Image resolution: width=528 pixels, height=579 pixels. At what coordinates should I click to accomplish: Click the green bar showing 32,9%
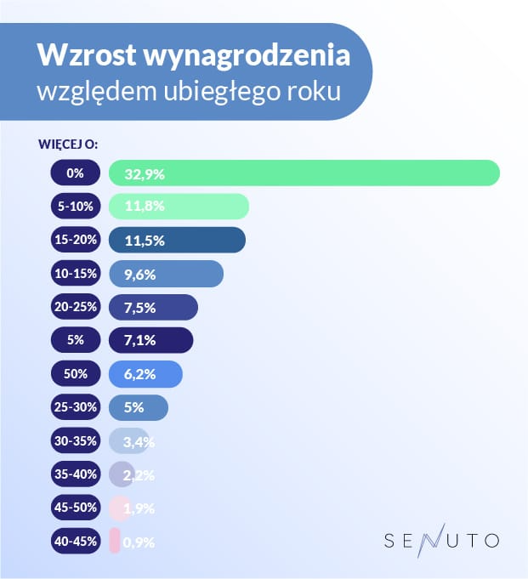pos(304,173)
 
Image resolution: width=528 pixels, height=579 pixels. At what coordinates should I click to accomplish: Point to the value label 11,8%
pos(144,207)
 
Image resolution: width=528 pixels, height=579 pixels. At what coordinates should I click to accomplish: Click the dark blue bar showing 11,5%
pos(178,241)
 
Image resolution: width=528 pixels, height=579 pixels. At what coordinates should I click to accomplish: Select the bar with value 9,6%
pos(166,274)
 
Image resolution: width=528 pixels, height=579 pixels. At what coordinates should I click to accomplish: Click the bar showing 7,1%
pos(151,340)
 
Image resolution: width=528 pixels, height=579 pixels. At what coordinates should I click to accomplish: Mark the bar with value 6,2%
pos(145,374)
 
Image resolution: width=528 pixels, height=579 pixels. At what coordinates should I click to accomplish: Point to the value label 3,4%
pos(138,441)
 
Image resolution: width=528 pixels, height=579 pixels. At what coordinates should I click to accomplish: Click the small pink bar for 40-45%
pos(115,541)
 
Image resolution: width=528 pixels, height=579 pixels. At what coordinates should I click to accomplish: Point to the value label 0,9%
pos(138,542)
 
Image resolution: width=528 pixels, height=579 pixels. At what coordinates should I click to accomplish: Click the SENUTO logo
pos(441,539)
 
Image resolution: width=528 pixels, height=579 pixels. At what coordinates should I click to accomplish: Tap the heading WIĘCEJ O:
pos(69,144)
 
